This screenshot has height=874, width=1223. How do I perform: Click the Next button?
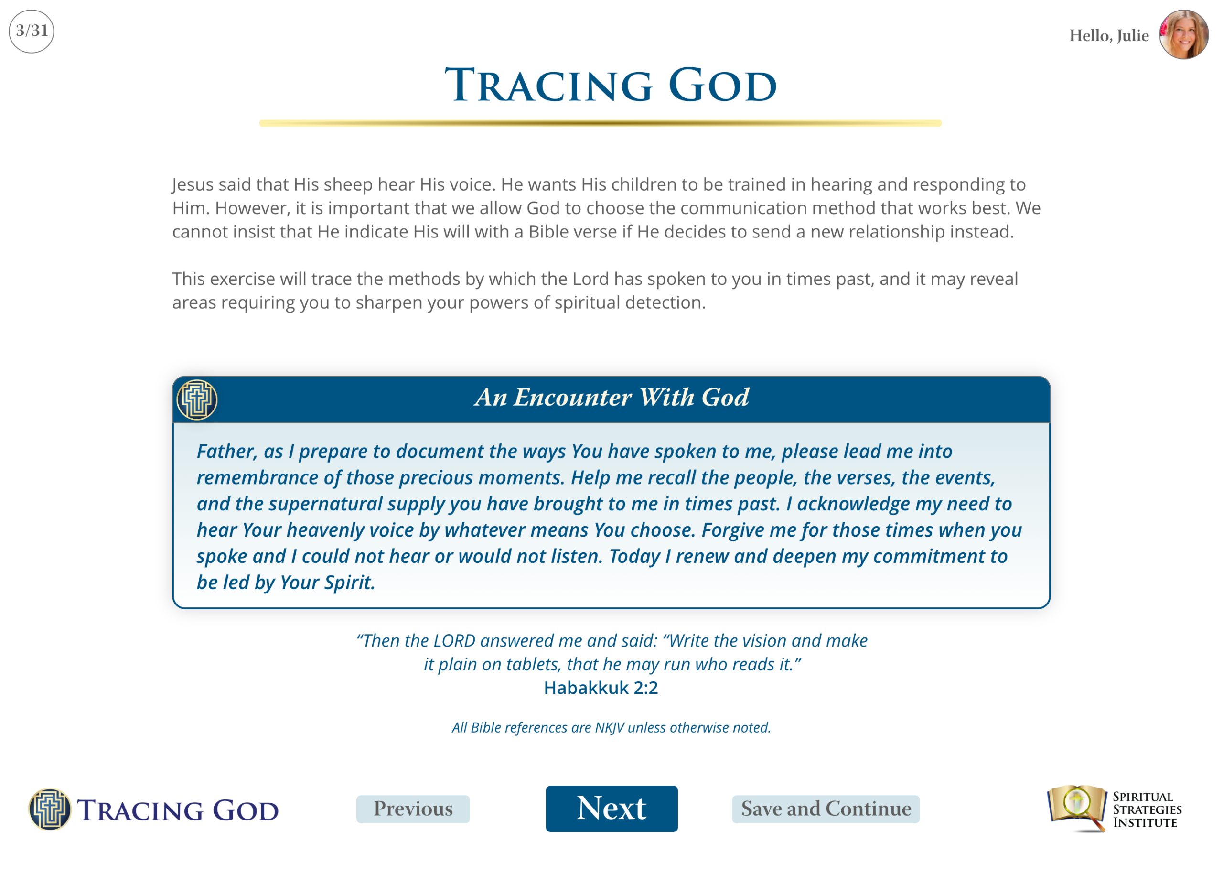pyautogui.click(x=612, y=809)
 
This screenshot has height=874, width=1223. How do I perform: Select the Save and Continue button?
pyautogui.click(x=826, y=809)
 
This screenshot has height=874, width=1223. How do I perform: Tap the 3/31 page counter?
pyautogui.click(x=31, y=31)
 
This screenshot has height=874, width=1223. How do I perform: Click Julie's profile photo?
pyautogui.click(x=1184, y=34)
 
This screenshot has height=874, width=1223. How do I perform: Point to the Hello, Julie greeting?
pyautogui.click(x=1108, y=35)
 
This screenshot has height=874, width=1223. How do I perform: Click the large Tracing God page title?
pyautogui.click(x=611, y=85)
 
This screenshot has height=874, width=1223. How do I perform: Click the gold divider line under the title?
pyautogui.click(x=601, y=123)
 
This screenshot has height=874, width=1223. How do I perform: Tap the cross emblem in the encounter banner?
pyautogui.click(x=197, y=399)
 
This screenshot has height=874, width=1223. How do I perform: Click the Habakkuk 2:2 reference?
pyautogui.click(x=601, y=687)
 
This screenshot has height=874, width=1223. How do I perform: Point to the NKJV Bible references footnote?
pyautogui.click(x=611, y=727)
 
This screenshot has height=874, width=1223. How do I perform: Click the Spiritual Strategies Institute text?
pyautogui.click(x=1147, y=809)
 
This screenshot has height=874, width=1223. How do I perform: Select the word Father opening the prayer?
pyautogui.click(x=226, y=452)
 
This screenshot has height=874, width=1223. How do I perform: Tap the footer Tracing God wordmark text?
pyautogui.click(x=178, y=810)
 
